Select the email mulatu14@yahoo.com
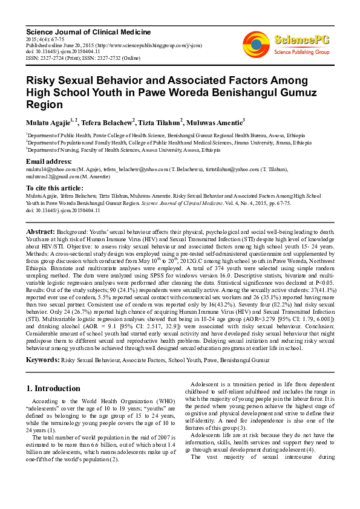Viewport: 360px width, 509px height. (x=47, y=170)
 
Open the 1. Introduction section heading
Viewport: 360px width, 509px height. (x=53, y=388)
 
